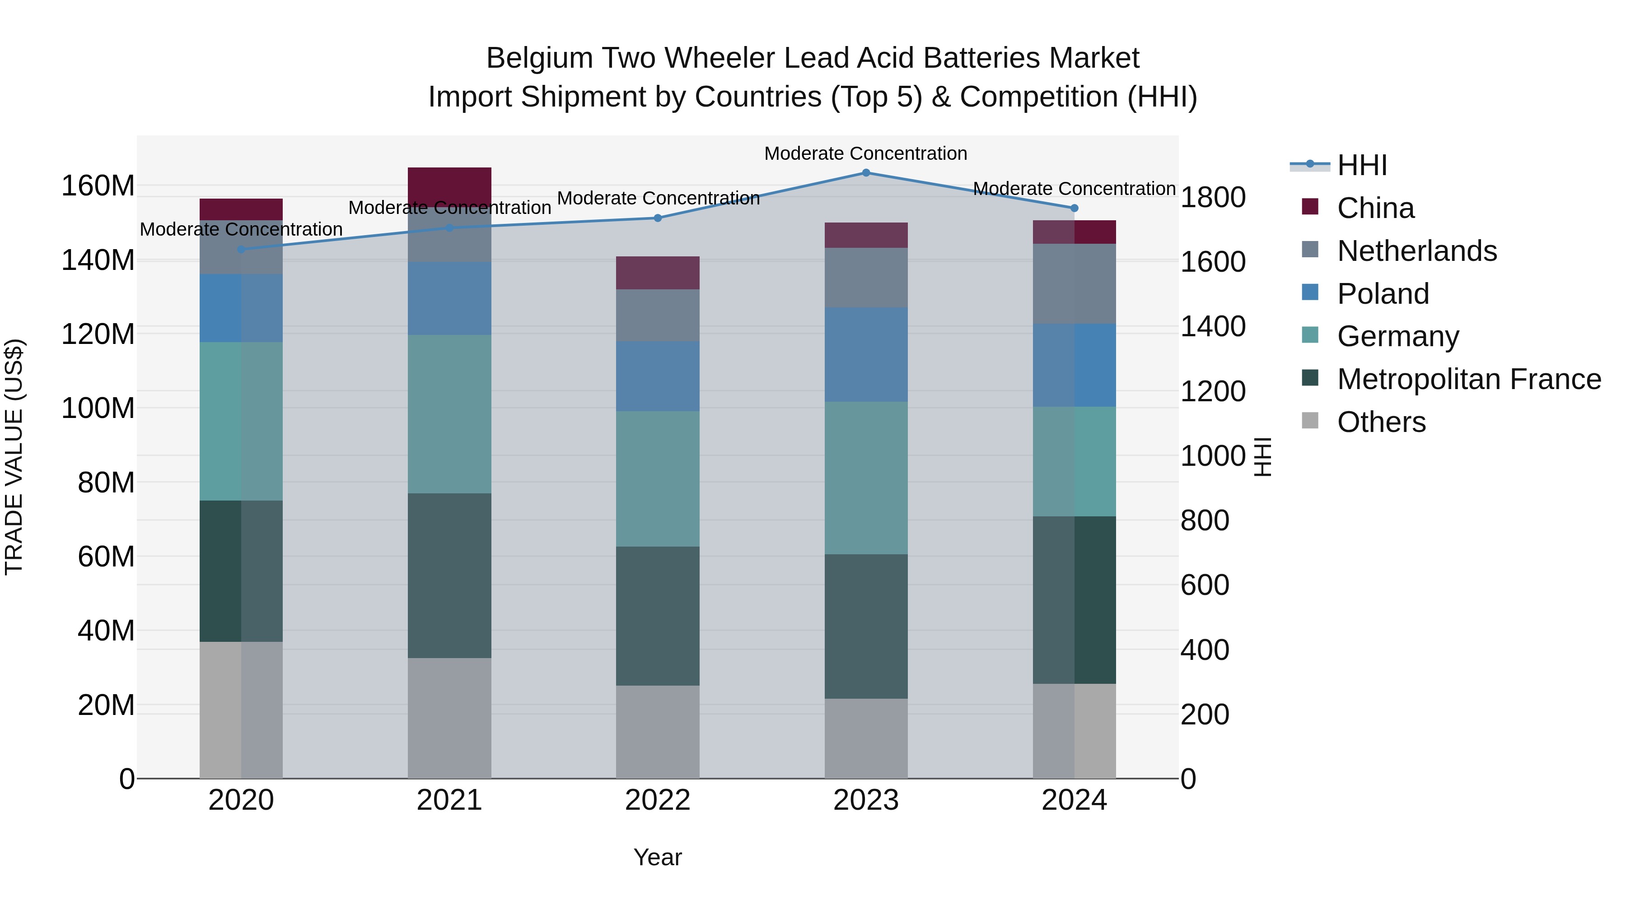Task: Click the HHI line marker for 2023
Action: tap(866, 173)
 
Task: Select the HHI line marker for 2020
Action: tap(241, 249)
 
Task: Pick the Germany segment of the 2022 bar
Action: tap(658, 479)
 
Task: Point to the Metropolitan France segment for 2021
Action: tap(449, 575)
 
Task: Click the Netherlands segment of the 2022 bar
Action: tap(658, 315)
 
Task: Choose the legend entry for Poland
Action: tap(1383, 294)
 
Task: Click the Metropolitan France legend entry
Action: tap(1469, 380)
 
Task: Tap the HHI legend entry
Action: tap(1362, 165)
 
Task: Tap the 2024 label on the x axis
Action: tap(1074, 800)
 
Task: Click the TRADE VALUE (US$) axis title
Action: tap(14, 457)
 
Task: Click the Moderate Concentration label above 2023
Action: tap(865, 153)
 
